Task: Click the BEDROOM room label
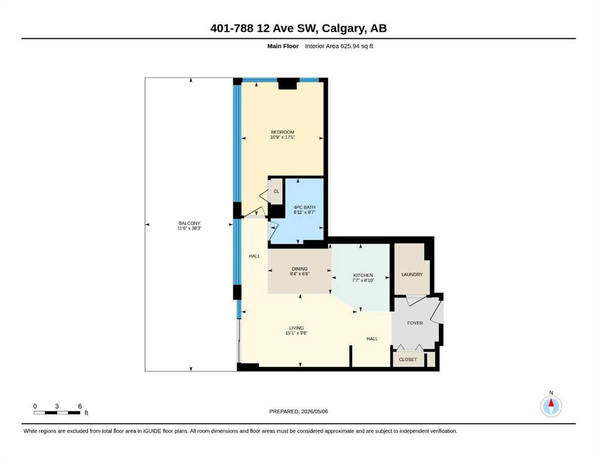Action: [283, 132]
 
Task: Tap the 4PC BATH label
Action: [304, 207]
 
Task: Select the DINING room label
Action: [299, 269]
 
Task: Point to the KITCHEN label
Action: [363, 275]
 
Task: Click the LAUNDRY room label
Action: [412, 274]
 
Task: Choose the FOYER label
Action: [415, 323]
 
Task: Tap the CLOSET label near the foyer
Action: [408, 359]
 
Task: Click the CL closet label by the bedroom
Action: [277, 191]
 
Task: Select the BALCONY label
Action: [189, 223]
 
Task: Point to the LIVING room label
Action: [296, 328]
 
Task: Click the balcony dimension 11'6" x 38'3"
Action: [189, 228]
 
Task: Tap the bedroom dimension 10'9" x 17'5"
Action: [283, 137]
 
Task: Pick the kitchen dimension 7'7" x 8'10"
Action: [363, 280]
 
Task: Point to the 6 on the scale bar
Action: [80, 406]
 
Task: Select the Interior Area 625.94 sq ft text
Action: [339, 46]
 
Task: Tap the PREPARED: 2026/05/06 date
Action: [298, 411]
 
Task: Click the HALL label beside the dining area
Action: [254, 256]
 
